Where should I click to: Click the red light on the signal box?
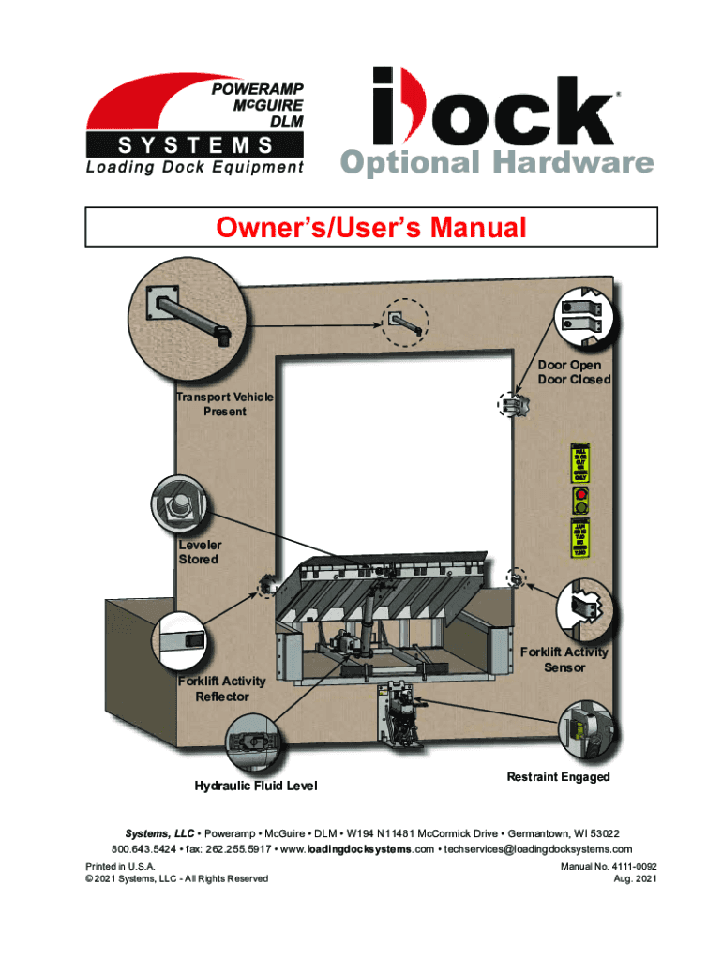point(580,493)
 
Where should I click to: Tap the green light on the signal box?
point(580,507)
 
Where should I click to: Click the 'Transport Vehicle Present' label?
point(224,404)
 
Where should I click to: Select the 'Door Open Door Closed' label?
point(574,372)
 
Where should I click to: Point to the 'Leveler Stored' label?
point(198,552)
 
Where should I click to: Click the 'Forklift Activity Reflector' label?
point(222,689)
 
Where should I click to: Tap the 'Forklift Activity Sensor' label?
point(564,659)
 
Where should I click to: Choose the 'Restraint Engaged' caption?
point(558,776)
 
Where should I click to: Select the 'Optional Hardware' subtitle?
point(496,163)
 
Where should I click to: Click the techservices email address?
point(531,849)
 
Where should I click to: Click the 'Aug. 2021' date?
point(634,878)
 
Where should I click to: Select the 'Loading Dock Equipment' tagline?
point(195,168)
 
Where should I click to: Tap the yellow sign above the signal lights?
point(580,460)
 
